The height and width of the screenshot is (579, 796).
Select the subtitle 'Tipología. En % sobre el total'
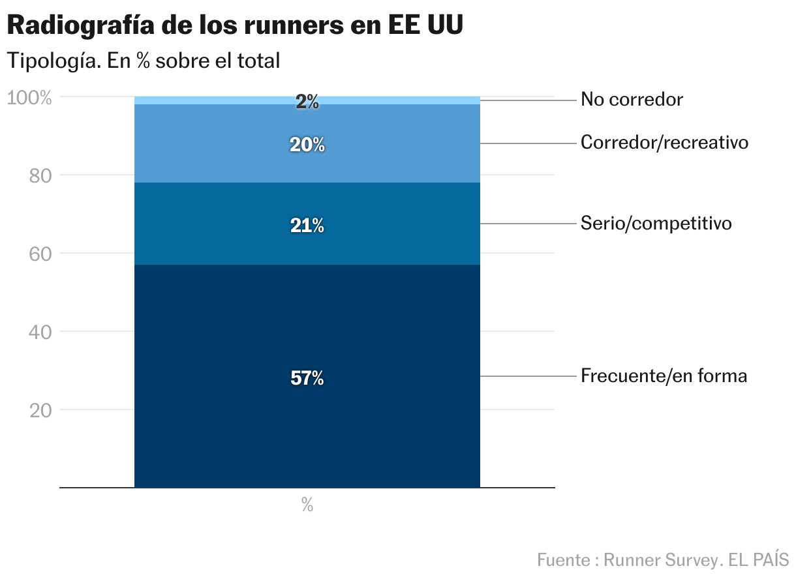[143, 61]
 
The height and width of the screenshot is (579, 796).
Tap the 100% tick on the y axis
[29, 98]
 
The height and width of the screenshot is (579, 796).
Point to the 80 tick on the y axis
[40, 175]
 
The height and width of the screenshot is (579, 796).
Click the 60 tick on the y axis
[40, 254]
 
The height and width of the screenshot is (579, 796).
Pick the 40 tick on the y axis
[40, 332]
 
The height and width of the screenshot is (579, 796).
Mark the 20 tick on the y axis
[40, 410]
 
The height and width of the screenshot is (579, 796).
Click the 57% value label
[307, 378]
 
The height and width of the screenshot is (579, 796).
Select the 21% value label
[307, 226]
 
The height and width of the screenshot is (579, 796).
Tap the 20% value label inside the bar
[307, 145]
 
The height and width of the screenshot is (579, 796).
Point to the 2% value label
[307, 102]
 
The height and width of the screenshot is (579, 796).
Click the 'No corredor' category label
[632, 100]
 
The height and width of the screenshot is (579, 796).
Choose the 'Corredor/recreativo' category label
[664, 142]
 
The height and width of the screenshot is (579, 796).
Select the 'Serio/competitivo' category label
[656, 224]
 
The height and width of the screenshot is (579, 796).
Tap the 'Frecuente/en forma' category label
[664, 376]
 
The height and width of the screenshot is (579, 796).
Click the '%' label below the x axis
[307, 505]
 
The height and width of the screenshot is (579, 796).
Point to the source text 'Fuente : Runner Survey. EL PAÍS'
[663, 559]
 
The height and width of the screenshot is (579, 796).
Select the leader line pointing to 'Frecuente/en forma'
[528, 376]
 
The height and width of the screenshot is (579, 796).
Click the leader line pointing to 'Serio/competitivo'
[528, 224]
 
